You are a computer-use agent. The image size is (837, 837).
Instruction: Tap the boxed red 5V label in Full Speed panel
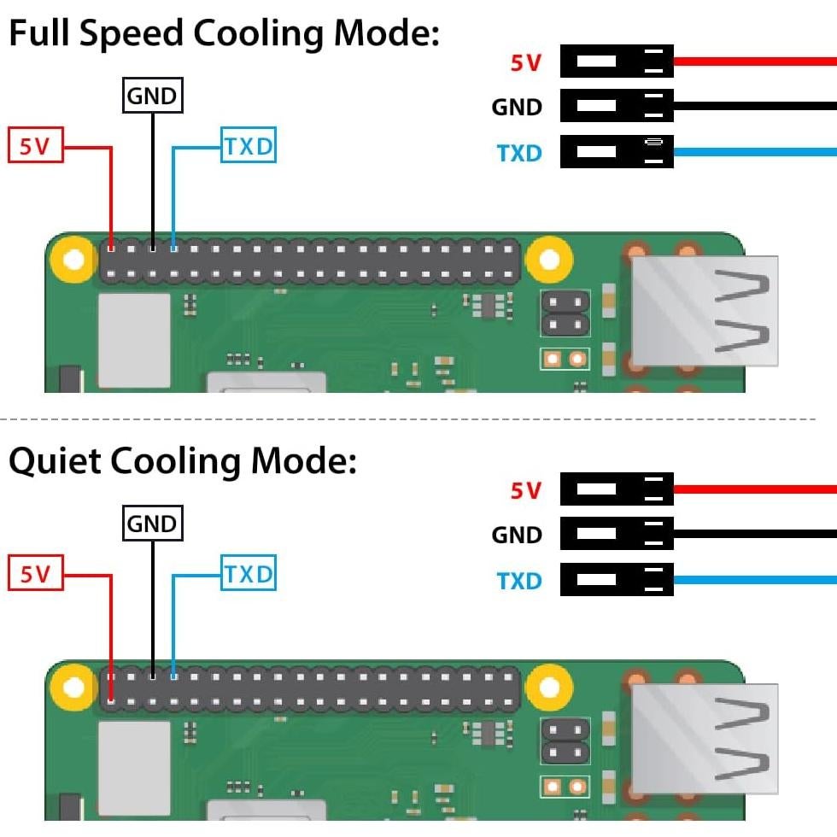point(36,147)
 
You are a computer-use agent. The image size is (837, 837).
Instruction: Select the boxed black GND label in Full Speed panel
point(153,97)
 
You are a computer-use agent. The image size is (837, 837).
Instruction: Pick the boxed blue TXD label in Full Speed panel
point(249,147)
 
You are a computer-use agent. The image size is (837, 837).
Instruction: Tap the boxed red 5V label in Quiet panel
point(36,575)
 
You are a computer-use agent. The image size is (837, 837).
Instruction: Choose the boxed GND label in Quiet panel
point(153,524)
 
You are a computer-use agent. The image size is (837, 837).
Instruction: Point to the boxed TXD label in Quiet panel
point(249,575)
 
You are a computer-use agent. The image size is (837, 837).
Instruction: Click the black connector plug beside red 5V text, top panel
point(617,61)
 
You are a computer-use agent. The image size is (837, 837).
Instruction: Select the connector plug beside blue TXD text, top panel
point(617,153)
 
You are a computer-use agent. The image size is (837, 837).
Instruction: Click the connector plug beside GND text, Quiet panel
point(617,534)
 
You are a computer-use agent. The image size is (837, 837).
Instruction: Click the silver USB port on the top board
point(705,311)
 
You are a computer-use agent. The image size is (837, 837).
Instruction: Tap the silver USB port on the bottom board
point(705,739)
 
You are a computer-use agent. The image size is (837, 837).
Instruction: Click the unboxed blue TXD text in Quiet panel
point(519,582)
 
